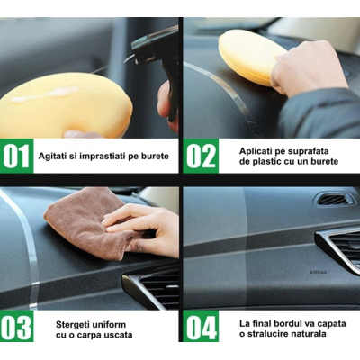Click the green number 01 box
click(17, 156)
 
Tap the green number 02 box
click(201, 156)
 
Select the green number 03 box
click(17, 327)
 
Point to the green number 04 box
click(201, 327)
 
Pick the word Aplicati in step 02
click(258, 149)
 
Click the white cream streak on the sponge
click(54, 93)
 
